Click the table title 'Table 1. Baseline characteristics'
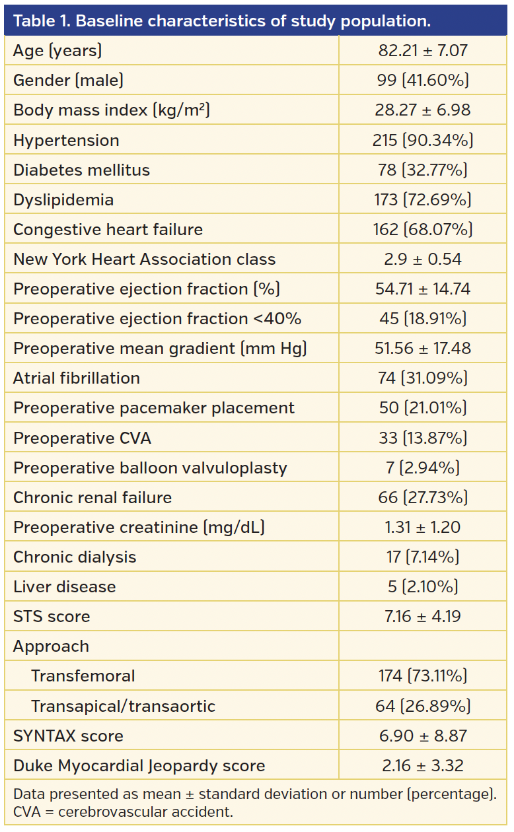[x=221, y=20]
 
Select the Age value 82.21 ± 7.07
[x=423, y=50]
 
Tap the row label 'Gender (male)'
[x=68, y=80]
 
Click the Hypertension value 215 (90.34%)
[x=423, y=140]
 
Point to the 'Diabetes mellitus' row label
[x=81, y=170]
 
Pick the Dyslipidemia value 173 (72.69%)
[x=423, y=199]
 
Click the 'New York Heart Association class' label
[x=144, y=259]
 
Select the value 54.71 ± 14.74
[x=423, y=289]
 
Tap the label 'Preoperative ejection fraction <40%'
[x=157, y=318]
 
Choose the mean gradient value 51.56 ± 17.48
[x=423, y=348]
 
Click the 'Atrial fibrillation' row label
[x=77, y=378]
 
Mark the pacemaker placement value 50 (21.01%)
[x=423, y=407]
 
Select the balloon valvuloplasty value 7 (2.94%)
[x=423, y=468]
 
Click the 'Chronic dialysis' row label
[x=75, y=557]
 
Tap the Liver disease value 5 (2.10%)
[x=423, y=586]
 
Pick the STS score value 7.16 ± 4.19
[x=423, y=616]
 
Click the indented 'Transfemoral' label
[x=83, y=676]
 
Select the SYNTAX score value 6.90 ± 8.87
[x=423, y=736]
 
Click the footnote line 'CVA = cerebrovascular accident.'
[x=123, y=812]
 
